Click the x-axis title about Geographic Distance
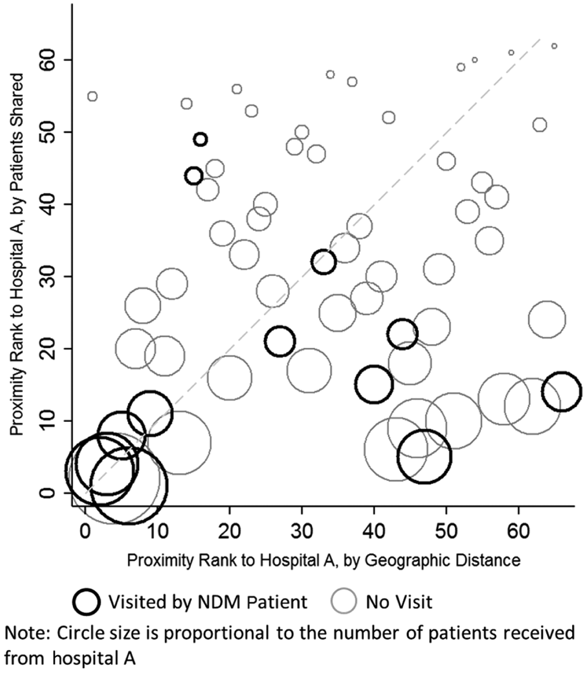pos(323,560)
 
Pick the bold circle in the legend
pos(87,601)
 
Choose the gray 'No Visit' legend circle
pos(344,601)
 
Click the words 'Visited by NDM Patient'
pos(207,602)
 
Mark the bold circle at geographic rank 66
pos(561,392)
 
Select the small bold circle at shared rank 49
pos(200,140)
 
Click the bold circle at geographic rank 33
pos(323,262)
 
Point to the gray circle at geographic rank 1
pos(92,96)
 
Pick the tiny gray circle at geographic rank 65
pos(554,46)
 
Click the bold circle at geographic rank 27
pos(280,341)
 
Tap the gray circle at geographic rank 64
pos(547,319)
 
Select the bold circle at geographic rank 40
pos(374,385)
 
